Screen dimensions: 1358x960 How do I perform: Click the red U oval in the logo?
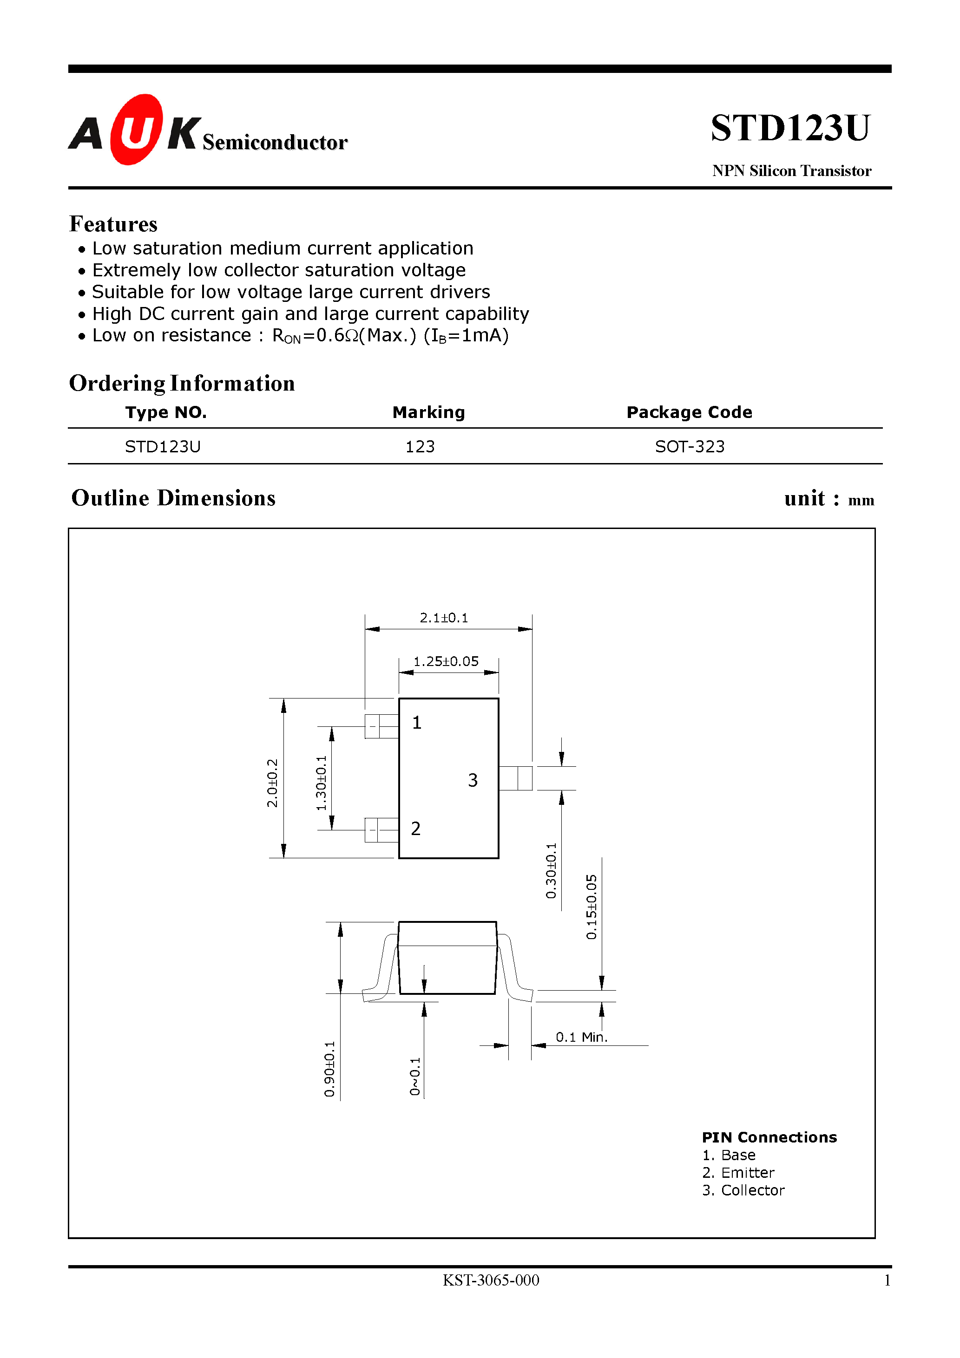[137, 130]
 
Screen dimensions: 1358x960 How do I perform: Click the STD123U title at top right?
[790, 128]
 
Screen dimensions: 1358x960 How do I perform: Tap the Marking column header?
[428, 412]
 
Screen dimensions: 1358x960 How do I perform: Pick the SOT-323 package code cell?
[690, 447]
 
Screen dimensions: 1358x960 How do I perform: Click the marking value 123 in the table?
[420, 447]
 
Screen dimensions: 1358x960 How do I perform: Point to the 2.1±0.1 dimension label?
[444, 618]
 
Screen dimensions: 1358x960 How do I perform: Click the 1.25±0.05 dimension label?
[446, 661]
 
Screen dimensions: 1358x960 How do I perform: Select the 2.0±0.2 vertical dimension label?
[272, 783]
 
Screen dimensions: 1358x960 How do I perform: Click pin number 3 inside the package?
[472, 781]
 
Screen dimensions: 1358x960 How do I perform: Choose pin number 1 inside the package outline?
[417, 723]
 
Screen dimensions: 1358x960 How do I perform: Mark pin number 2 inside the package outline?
[416, 829]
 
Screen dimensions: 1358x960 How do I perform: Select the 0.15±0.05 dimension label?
[591, 907]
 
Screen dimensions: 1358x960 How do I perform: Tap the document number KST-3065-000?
[491, 1280]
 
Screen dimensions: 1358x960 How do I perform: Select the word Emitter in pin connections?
[748, 1172]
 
